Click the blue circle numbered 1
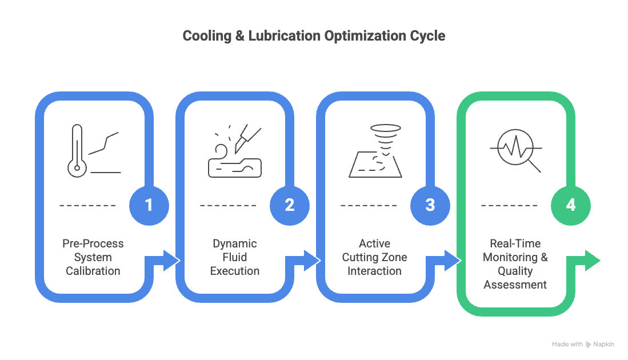[149, 205]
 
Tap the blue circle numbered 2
[290, 205]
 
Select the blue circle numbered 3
[430, 205]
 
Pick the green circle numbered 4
[571, 205]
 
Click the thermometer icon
[77, 151]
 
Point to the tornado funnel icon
[385, 140]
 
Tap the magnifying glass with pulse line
[516, 150]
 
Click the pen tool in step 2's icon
[247, 138]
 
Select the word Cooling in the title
[207, 35]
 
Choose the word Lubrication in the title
[285, 35]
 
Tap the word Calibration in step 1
[93, 271]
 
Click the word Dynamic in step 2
[235, 244]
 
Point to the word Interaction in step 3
[374, 271]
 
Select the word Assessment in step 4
[515, 285]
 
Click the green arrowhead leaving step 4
[593, 261]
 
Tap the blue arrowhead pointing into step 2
[171, 261]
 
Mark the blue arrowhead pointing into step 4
[453, 261]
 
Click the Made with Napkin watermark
[583, 345]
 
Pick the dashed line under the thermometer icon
[87, 205]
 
